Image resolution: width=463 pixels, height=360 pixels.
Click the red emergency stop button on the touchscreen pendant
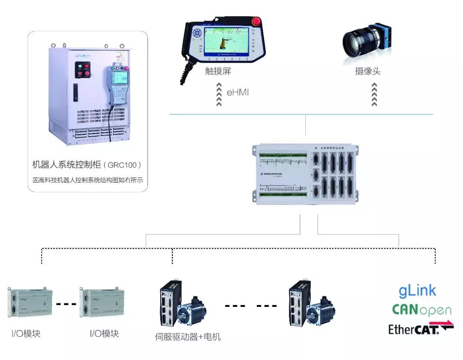(258, 20)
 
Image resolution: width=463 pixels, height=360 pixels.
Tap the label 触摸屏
(218, 72)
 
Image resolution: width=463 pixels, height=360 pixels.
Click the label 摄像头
(367, 72)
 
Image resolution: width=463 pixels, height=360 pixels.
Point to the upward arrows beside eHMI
(219, 94)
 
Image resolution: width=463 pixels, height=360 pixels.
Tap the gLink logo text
(417, 291)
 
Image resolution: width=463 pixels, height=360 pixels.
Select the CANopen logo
(421, 310)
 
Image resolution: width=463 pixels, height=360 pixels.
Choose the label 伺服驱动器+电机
(188, 336)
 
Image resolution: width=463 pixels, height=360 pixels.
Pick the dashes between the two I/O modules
(66, 304)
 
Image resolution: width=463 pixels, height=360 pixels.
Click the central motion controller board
(306, 174)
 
